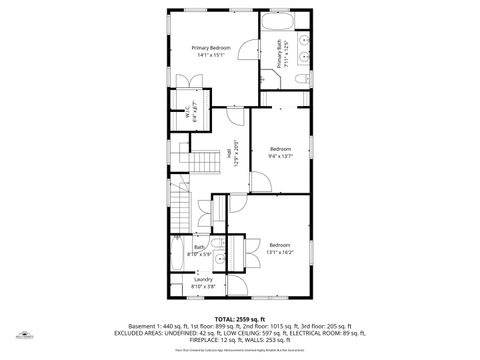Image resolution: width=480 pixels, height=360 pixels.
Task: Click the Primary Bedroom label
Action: coord(212,48)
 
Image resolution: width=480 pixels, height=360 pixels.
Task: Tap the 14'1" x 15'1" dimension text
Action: coord(212,56)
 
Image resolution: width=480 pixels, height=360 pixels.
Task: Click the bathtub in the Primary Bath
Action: coord(277,22)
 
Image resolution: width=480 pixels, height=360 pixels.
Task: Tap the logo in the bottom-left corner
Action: coord(22,337)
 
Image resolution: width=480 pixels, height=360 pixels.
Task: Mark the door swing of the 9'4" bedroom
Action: coord(259,180)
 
